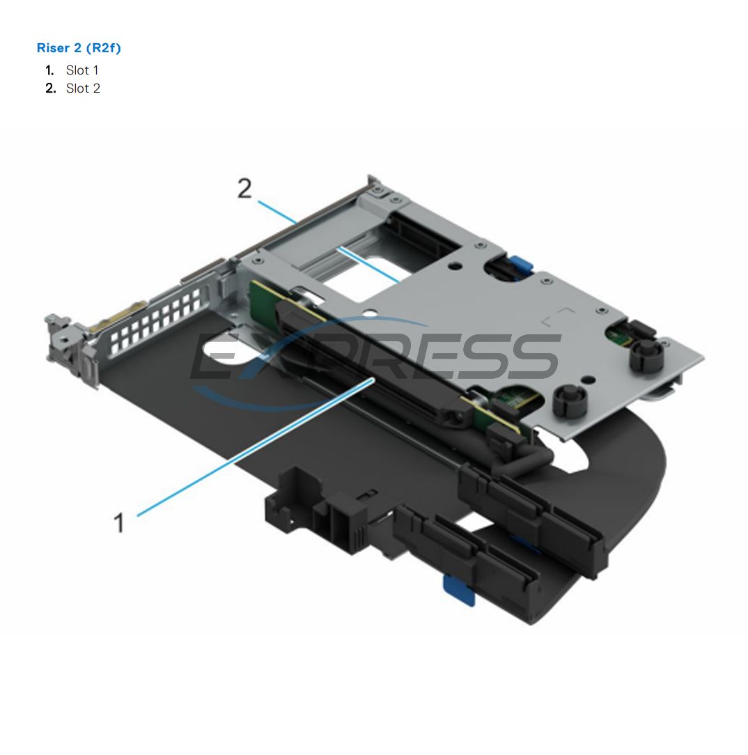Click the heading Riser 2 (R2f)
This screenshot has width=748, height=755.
[79, 48]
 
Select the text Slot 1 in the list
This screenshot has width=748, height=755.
[82, 70]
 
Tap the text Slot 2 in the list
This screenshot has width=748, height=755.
[83, 88]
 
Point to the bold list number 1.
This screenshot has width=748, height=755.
[49, 70]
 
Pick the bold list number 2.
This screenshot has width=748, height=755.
[50, 88]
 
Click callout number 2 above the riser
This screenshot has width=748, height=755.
[244, 189]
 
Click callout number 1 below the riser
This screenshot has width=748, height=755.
[120, 522]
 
